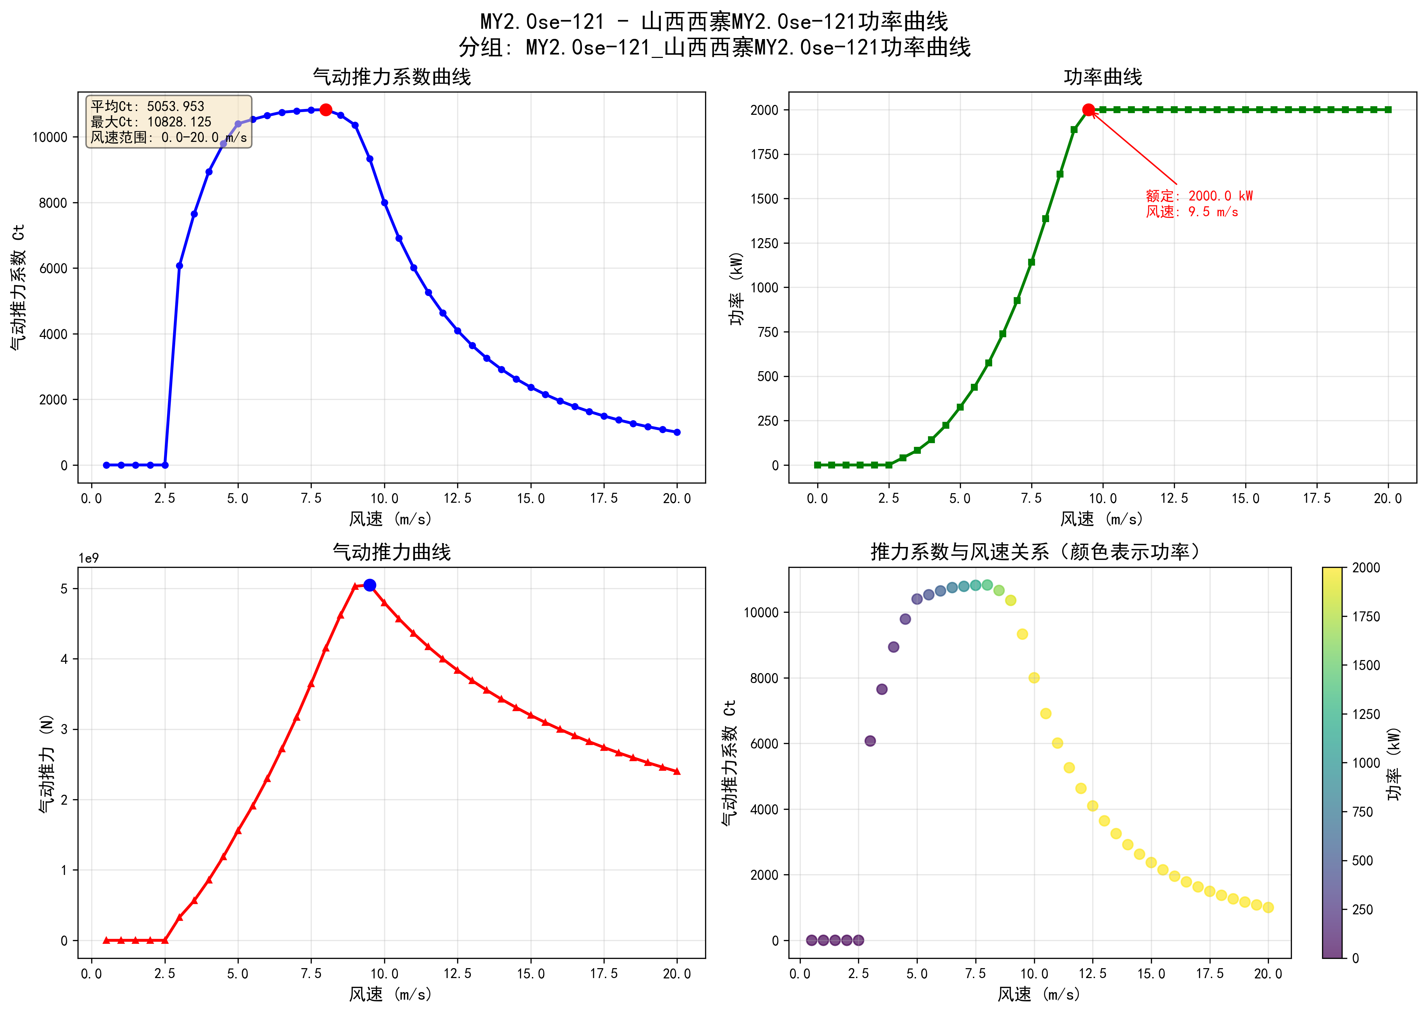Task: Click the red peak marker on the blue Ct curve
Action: click(x=325, y=110)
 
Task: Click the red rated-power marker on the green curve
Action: click(x=1089, y=110)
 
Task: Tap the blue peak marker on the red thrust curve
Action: click(x=370, y=585)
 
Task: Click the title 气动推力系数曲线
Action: click(x=392, y=77)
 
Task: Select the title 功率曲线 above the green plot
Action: click(x=1102, y=77)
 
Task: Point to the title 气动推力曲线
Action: click(x=392, y=552)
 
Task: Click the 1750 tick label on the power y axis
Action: click(x=765, y=155)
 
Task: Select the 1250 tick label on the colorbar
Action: click(x=1366, y=714)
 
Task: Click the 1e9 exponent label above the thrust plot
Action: click(x=88, y=558)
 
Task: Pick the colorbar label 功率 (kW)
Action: click(x=1394, y=763)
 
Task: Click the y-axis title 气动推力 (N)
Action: click(x=46, y=763)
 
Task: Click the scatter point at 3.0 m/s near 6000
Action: click(x=870, y=741)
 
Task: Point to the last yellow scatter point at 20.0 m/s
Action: click(x=1268, y=907)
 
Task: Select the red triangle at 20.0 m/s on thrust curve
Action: click(x=677, y=771)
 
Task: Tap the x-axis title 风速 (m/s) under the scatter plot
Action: click(x=1039, y=994)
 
